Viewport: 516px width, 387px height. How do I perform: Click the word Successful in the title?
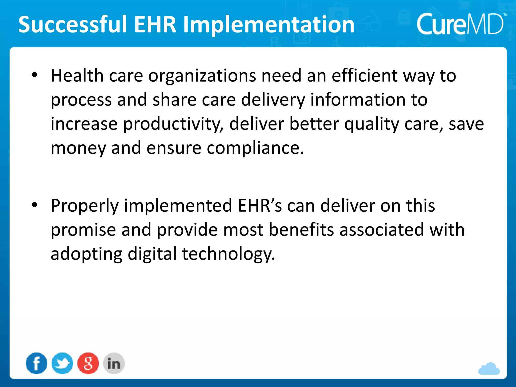pyautogui.click(x=73, y=25)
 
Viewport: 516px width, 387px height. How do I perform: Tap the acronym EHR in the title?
pyautogui.click(x=155, y=25)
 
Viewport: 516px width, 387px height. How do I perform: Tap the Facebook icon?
pyautogui.click(x=37, y=363)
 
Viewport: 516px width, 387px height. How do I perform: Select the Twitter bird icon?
pyautogui.click(x=62, y=363)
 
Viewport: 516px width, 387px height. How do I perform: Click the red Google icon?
pyautogui.click(x=88, y=363)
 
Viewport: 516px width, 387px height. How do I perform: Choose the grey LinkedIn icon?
pyautogui.click(x=114, y=363)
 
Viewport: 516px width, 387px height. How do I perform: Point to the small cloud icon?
pyautogui.click(x=489, y=369)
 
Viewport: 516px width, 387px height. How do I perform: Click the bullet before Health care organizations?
pyautogui.click(x=35, y=75)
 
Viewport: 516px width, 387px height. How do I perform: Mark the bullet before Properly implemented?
pyautogui.click(x=35, y=205)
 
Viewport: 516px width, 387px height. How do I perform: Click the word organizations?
pyautogui.click(x=202, y=76)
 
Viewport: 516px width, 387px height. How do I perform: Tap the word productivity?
pyautogui.click(x=173, y=124)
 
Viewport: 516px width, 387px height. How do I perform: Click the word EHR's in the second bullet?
pyautogui.click(x=260, y=206)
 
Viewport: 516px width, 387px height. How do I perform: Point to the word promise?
pyautogui.click(x=83, y=230)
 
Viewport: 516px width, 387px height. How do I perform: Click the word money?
pyautogui.click(x=78, y=148)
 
